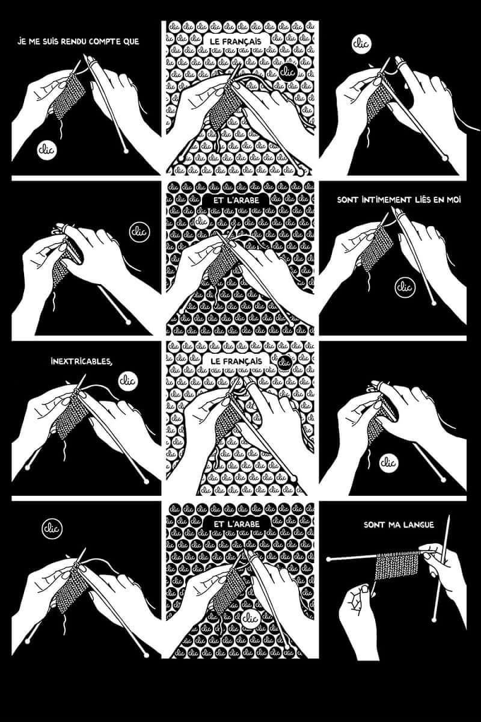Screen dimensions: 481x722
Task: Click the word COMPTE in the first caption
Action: [103, 42]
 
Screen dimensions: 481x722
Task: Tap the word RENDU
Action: [73, 42]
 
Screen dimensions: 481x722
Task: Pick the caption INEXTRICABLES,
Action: [82, 362]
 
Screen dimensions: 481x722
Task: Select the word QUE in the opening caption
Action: [130, 42]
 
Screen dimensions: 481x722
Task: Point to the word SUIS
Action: [49, 42]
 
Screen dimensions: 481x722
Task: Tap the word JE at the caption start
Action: [22, 42]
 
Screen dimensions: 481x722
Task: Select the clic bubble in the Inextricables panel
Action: [128, 381]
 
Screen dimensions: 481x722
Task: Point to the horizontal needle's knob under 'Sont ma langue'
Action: [329, 559]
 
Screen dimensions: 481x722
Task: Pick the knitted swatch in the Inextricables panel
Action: [71, 415]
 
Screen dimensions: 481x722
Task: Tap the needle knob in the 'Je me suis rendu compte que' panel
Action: [126, 150]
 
